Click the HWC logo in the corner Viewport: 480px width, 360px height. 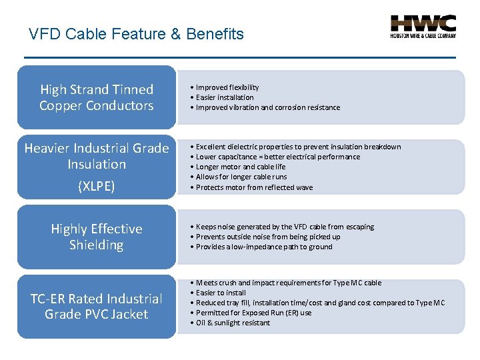point(423,27)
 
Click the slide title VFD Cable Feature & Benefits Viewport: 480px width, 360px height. point(137,34)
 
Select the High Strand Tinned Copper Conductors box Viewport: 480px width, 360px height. point(97,97)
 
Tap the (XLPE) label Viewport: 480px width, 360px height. point(97,187)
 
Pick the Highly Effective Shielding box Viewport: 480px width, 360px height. point(97,237)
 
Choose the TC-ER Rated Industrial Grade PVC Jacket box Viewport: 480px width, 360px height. point(97,306)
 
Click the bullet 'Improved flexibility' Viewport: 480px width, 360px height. point(227,87)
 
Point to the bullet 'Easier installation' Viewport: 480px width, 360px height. point(225,97)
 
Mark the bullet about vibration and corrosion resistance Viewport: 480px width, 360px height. point(267,107)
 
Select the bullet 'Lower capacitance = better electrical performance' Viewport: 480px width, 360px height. point(277,157)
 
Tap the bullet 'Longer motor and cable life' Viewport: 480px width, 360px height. point(240,167)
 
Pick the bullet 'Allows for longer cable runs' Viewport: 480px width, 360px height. point(241,177)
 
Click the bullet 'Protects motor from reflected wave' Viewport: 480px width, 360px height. point(253,187)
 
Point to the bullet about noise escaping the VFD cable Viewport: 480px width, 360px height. point(285,227)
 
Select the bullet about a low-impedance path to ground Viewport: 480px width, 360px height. point(264,247)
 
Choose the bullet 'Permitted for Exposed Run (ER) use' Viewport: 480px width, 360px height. point(253,313)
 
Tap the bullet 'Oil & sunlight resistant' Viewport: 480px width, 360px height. point(233,323)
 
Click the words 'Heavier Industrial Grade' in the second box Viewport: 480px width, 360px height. point(97,148)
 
